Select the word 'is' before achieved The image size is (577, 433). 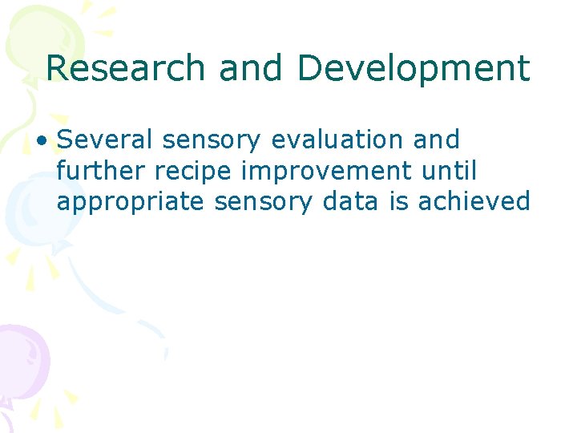[399, 202]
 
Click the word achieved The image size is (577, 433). [474, 202]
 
